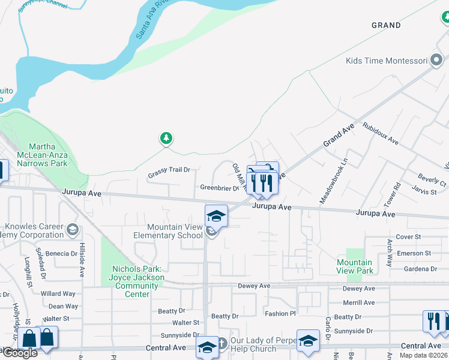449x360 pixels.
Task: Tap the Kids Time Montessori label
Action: (386, 61)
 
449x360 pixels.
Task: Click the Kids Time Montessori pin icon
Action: (436, 60)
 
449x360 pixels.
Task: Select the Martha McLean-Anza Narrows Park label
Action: (48, 155)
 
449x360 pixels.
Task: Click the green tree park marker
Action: (166, 139)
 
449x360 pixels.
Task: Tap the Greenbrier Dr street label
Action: (220, 188)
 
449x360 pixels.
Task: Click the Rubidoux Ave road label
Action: (380, 134)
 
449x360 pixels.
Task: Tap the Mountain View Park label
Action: (355, 266)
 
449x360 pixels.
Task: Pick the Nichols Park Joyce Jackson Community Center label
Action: (137, 277)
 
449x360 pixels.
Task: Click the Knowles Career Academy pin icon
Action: (73, 229)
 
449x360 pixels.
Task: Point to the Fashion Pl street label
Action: (280, 314)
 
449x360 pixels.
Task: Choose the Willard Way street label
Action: (58, 294)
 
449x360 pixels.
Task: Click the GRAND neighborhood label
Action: (386, 25)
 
